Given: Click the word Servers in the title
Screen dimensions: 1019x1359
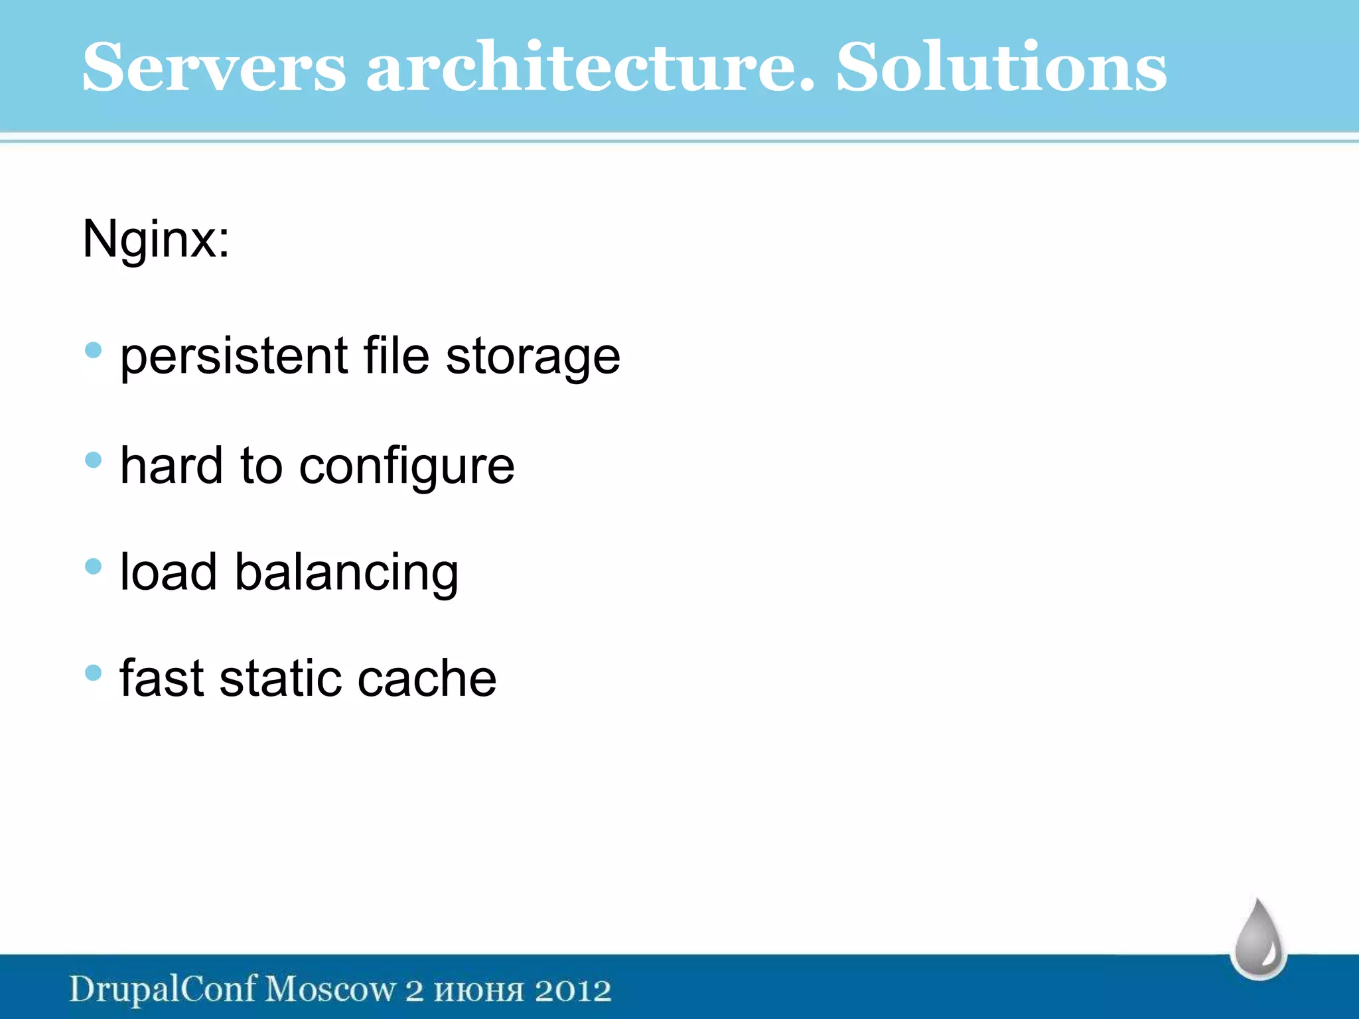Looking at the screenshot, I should point(214,67).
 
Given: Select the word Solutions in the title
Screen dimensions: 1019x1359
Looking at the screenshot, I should point(1001,67).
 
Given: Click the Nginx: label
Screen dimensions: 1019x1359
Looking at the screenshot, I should point(156,239).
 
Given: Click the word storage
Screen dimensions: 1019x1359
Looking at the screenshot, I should point(533,357).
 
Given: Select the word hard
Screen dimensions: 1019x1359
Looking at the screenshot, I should point(171,466).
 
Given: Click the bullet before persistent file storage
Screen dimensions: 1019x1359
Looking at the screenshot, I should point(94,350).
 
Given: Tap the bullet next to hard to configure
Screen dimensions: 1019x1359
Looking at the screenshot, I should point(94,460).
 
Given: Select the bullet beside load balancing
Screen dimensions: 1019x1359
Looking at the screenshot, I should point(94,566).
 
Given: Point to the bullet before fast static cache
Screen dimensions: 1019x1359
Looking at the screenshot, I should point(94,673).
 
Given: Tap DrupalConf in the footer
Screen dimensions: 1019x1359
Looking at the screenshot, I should point(163,990).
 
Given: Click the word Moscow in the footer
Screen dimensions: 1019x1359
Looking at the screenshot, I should point(330,990).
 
